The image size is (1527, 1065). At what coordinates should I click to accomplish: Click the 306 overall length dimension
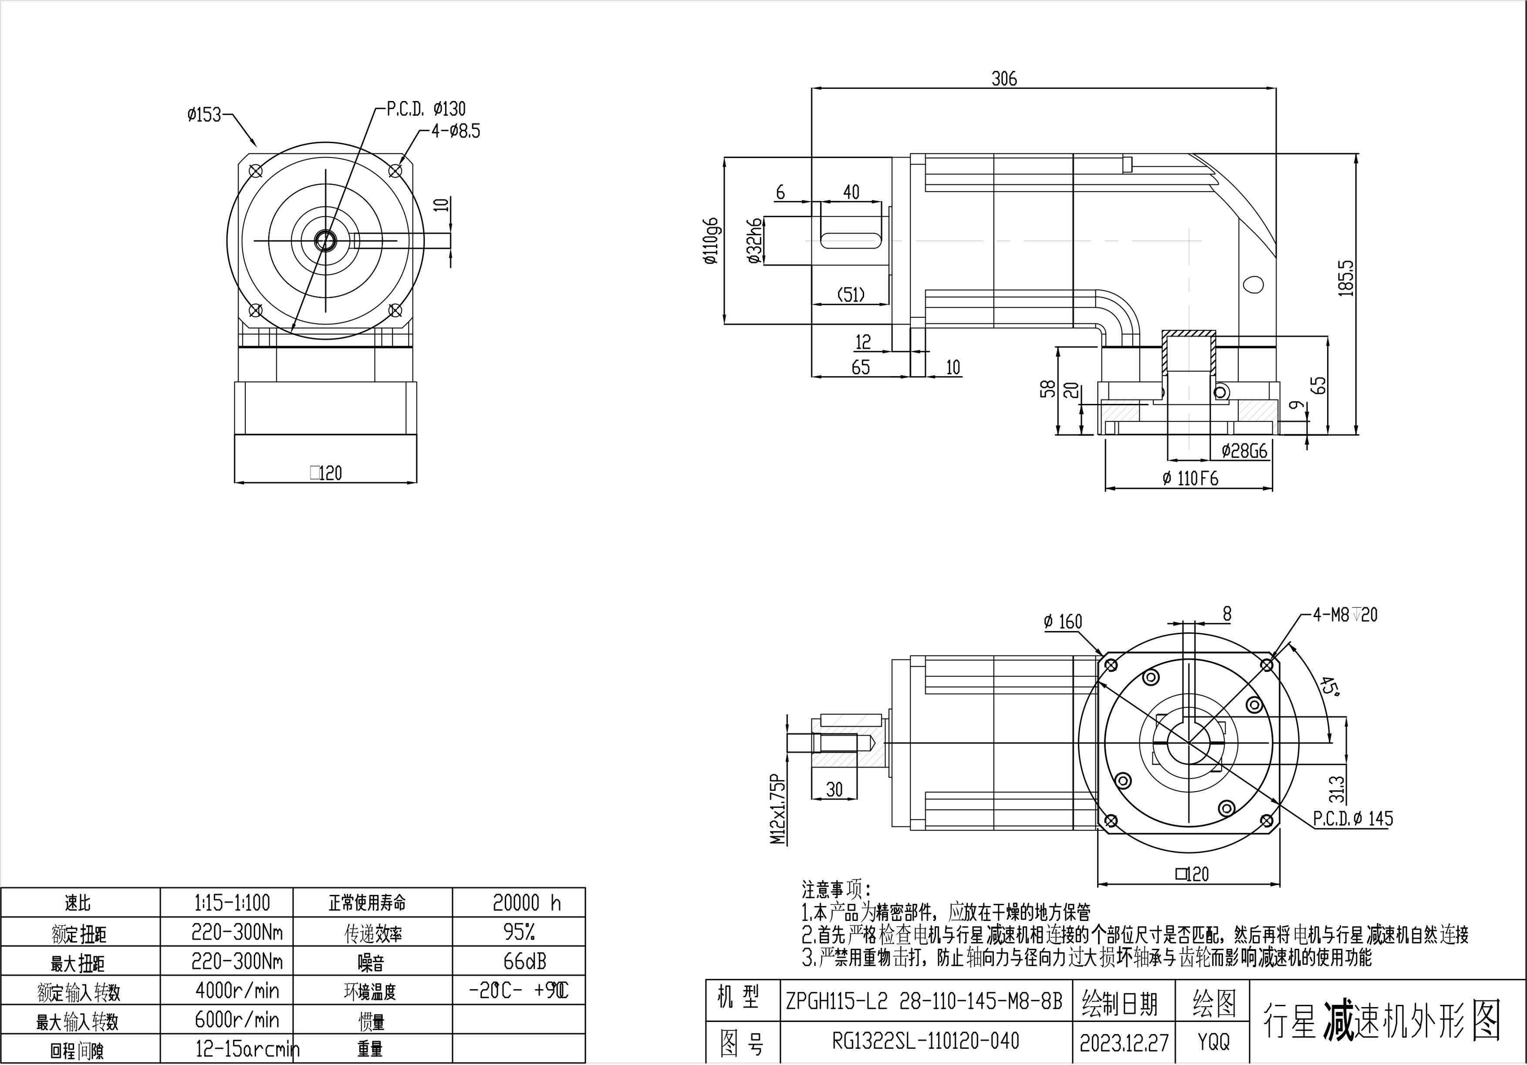click(1004, 78)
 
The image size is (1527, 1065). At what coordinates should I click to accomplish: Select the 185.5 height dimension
click(1346, 278)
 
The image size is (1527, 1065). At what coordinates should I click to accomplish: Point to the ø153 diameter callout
click(204, 114)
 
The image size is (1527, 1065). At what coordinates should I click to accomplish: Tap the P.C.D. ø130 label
click(426, 108)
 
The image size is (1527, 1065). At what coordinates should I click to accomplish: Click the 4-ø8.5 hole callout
click(456, 131)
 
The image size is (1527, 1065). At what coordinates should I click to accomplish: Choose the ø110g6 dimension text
click(711, 241)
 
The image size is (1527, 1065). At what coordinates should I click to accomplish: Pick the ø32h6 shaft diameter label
click(754, 241)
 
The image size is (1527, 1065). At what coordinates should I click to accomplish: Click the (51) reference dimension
click(851, 295)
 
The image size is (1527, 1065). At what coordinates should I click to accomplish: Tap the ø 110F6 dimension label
click(1190, 479)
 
